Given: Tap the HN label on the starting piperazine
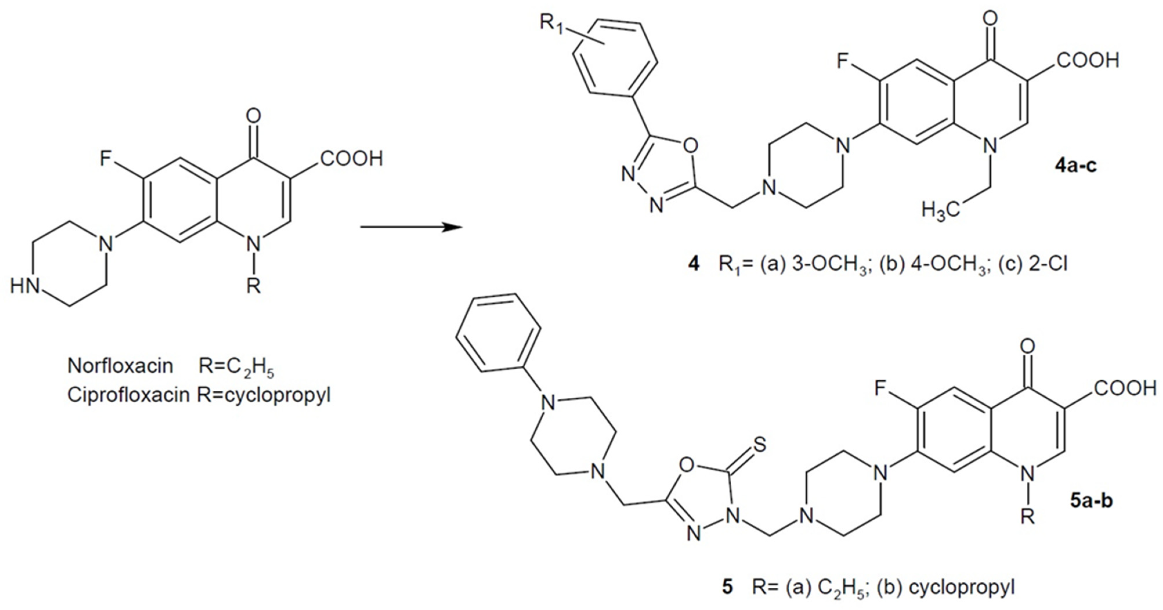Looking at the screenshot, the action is pos(25,286).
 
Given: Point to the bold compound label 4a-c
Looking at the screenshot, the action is pos(1075,166).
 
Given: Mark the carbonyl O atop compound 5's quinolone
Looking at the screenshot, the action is pos(1028,347).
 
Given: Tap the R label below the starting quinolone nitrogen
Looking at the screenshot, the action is pos(254,286).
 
